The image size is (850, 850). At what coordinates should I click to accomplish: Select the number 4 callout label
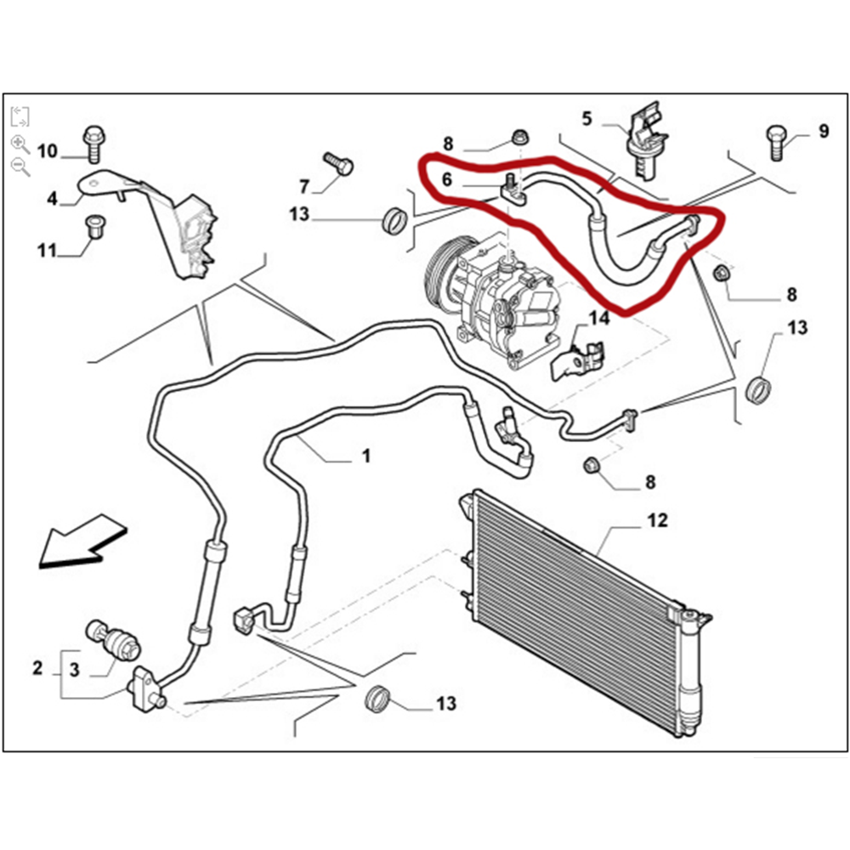(x=52, y=199)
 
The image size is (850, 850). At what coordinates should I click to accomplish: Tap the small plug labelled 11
(x=95, y=228)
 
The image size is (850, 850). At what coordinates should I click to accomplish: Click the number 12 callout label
(x=658, y=519)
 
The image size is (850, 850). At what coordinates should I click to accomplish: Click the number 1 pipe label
(x=365, y=457)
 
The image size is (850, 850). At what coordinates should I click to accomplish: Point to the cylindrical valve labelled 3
(x=114, y=639)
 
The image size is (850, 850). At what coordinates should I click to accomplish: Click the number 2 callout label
(x=37, y=668)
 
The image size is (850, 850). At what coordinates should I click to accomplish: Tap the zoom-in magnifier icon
(x=20, y=144)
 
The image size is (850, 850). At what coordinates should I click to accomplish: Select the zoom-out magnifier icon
(x=20, y=167)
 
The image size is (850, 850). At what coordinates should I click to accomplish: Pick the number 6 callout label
(x=447, y=180)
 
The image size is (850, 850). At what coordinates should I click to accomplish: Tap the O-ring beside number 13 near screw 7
(x=394, y=220)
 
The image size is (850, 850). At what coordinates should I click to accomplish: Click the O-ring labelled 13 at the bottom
(x=377, y=699)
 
